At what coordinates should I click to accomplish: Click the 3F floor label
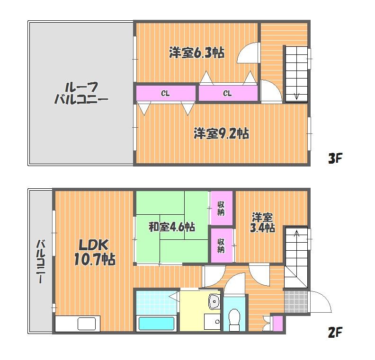[335, 158]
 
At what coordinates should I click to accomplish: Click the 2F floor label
[335, 332]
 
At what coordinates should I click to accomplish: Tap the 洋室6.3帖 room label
[196, 53]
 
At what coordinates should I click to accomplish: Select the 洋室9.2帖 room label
[221, 133]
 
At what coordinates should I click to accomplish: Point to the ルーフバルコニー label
[81, 93]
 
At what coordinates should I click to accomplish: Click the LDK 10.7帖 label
[95, 253]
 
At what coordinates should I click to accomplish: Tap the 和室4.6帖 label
[172, 227]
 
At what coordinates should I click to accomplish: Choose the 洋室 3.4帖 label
[262, 223]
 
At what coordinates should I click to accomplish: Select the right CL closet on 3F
[228, 93]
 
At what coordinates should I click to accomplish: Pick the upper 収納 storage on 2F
[221, 208]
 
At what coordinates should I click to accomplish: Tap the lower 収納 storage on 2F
[221, 246]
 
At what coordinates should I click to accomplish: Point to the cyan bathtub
[156, 324]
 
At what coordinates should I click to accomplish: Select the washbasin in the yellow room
[214, 301]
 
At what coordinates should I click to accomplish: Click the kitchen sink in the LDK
[87, 324]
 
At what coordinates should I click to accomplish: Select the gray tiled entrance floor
[296, 301]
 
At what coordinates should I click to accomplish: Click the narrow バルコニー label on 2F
[41, 261]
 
